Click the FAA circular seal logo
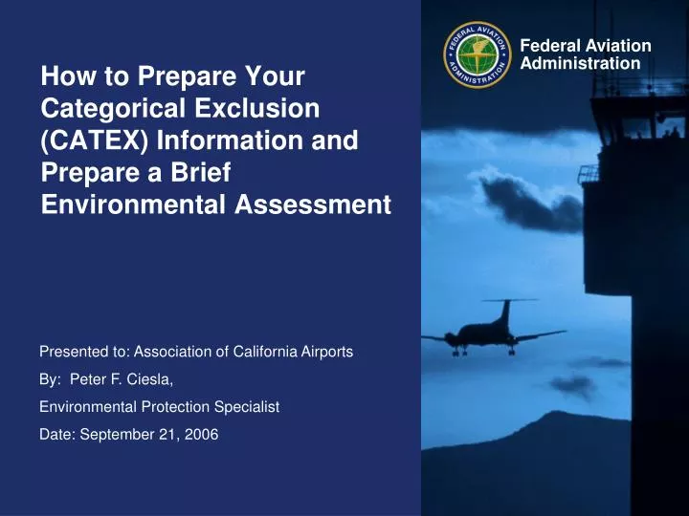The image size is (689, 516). [479, 55]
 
